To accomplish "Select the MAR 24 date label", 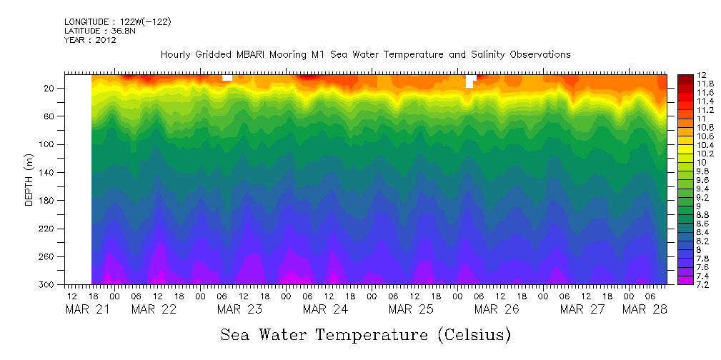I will pos(325,309).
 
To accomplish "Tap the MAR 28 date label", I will pos(645,309).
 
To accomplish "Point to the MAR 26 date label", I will pos(497,309).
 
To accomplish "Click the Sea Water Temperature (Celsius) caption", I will pos(366,334).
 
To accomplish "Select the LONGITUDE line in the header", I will pos(117,22).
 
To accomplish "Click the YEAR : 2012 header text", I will pos(90,41).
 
